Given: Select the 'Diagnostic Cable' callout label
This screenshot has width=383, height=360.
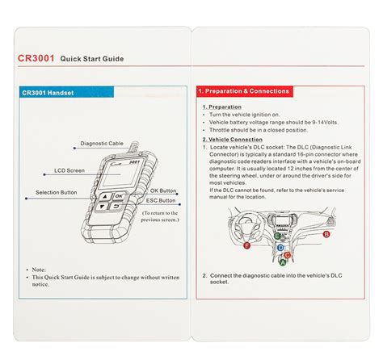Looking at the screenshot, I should [x=101, y=144].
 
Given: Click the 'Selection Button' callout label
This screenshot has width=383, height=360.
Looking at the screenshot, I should [x=57, y=193].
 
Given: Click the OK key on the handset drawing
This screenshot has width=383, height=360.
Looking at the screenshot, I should [x=119, y=196].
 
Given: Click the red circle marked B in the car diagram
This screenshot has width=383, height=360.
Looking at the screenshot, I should [x=326, y=233].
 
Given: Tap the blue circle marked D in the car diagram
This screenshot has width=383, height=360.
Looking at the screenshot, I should [x=280, y=248].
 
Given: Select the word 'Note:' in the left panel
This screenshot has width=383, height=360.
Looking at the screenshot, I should [x=39, y=269].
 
